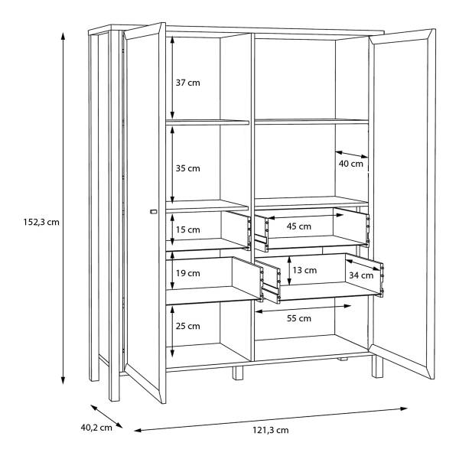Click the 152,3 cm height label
pyautogui.click(x=41, y=222)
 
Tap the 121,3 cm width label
pyautogui.click(x=271, y=430)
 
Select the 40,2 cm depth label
pyautogui.click(x=96, y=428)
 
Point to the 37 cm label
pyautogui.click(x=187, y=83)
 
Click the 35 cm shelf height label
pyautogui.click(x=187, y=168)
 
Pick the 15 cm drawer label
pyautogui.click(x=187, y=229)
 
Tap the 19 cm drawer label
pyautogui.click(x=187, y=273)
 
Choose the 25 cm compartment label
pyautogui.click(x=187, y=326)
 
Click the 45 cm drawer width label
pyautogui.click(x=298, y=226)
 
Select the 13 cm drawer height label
pyautogui.click(x=304, y=270)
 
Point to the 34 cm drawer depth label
pyautogui.click(x=361, y=275)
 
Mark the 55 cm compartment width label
pyautogui.click(x=299, y=318)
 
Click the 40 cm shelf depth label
pyautogui.click(x=350, y=164)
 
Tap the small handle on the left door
pyautogui.click(x=154, y=211)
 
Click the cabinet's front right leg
pyautogui.click(x=377, y=366)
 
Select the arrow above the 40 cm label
pyautogui.click(x=352, y=155)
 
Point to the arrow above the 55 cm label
pyautogui.click(x=303, y=309)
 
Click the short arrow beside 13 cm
pyautogui.click(x=289, y=271)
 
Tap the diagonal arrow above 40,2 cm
pyautogui.click(x=106, y=416)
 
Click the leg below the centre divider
pyautogui.click(x=238, y=373)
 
